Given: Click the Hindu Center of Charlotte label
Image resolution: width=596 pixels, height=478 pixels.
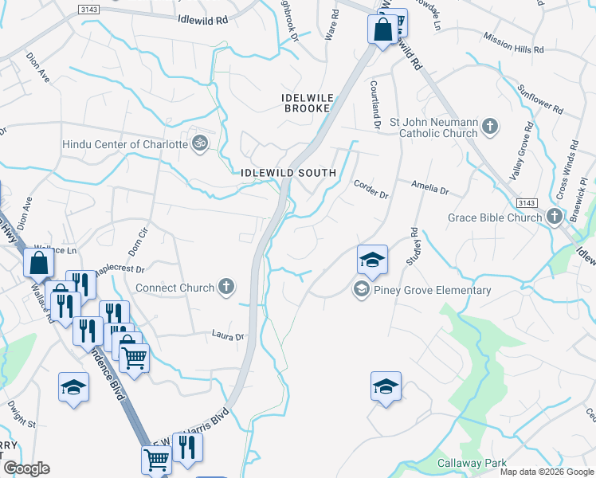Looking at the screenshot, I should (125, 145).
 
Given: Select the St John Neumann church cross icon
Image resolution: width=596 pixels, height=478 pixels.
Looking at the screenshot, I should (490, 126).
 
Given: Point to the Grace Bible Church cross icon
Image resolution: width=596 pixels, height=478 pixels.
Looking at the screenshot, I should (555, 217).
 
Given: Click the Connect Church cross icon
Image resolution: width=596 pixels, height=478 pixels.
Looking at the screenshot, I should (226, 288).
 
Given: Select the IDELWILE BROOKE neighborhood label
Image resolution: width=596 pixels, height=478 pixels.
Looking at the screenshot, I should (307, 103).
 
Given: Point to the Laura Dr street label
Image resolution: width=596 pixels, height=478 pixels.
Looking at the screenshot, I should (227, 336).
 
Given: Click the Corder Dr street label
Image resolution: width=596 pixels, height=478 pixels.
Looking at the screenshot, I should (371, 189).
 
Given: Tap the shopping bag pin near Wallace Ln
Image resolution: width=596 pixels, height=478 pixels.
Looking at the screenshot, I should (38, 262).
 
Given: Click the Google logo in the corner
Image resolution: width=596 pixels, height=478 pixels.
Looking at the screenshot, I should (26, 468).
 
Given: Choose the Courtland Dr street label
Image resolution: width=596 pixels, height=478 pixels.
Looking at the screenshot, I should (375, 104).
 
